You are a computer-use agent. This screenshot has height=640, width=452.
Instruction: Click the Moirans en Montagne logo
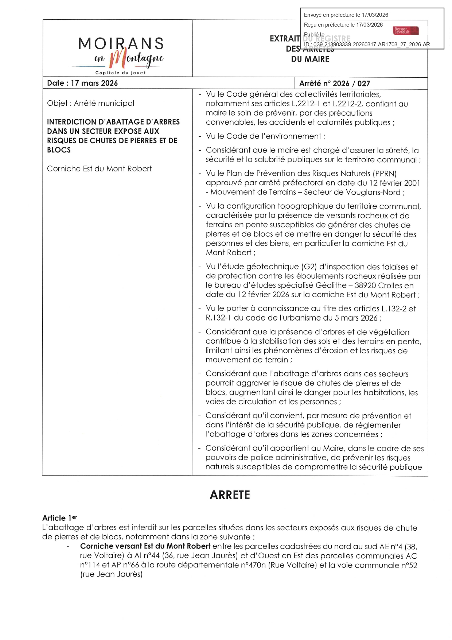(121, 54)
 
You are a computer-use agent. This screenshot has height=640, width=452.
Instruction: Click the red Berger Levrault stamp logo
(406, 30)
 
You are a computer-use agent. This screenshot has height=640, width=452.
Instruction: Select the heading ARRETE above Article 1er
(230, 495)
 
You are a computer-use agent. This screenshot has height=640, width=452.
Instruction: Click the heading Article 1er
(59, 518)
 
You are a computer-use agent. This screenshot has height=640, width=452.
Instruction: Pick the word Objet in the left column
(57, 103)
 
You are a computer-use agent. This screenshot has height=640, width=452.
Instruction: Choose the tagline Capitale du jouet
(120, 73)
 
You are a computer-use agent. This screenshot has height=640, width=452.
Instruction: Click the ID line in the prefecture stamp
(367, 44)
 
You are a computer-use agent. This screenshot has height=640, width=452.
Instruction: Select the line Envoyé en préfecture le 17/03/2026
(346, 15)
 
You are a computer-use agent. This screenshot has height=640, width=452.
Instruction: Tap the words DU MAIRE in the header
(310, 59)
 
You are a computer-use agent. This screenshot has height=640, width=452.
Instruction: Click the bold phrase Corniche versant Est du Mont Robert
(145, 546)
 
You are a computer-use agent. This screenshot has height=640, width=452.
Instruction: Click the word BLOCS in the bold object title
(59, 150)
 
